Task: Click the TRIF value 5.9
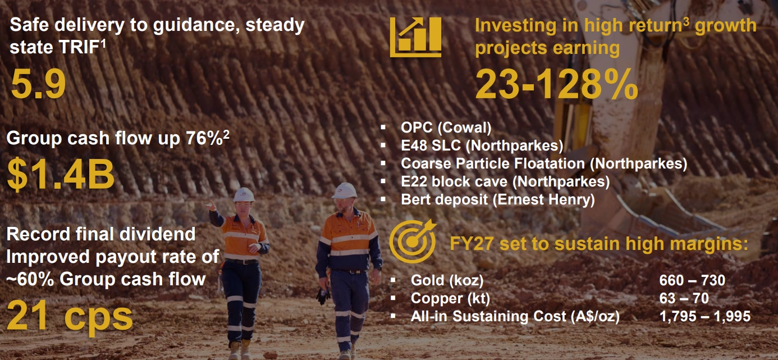[x=38, y=84]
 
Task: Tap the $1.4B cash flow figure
[x=61, y=175]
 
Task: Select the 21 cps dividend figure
[x=70, y=316]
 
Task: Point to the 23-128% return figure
[x=556, y=84]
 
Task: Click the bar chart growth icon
[x=416, y=37]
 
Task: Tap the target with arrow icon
[x=413, y=241]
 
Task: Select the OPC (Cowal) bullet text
[x=446, y=127]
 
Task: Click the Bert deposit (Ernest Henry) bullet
[x=498, y=200]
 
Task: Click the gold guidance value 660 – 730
[x=692, y=280]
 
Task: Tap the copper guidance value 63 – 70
[x=684, y=298]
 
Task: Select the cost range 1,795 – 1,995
[x=705, y=317]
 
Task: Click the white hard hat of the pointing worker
[x=244, y=195]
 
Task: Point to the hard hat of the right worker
[x=344, y=191]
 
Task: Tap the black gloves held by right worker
[x=323, y=295]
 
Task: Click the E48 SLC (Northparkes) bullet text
[x=482, y=145]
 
